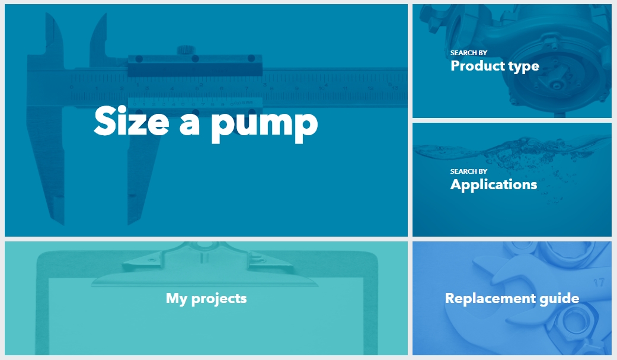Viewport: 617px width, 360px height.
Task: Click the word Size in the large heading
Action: click(x=132, y=121)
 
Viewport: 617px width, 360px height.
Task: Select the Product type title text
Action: click(x=495, y=66)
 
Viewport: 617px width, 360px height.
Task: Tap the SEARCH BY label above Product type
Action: click(x=469, y=53)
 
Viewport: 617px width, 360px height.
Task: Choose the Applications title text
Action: click(x=494, y=184)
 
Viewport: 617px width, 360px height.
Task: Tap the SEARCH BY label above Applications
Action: click(x=469, y=171)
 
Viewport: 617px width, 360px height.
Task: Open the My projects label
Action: click(x=206, y=298)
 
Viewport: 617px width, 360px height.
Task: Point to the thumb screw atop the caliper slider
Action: click(x=186, y=50)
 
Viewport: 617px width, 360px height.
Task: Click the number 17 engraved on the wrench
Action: click(x=599, y=282)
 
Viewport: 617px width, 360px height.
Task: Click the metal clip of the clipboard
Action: click(x=204, y=265)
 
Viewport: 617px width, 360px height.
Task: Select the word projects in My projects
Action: click(x=219, y=299)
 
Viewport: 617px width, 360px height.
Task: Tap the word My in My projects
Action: click(x=176, y=298)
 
